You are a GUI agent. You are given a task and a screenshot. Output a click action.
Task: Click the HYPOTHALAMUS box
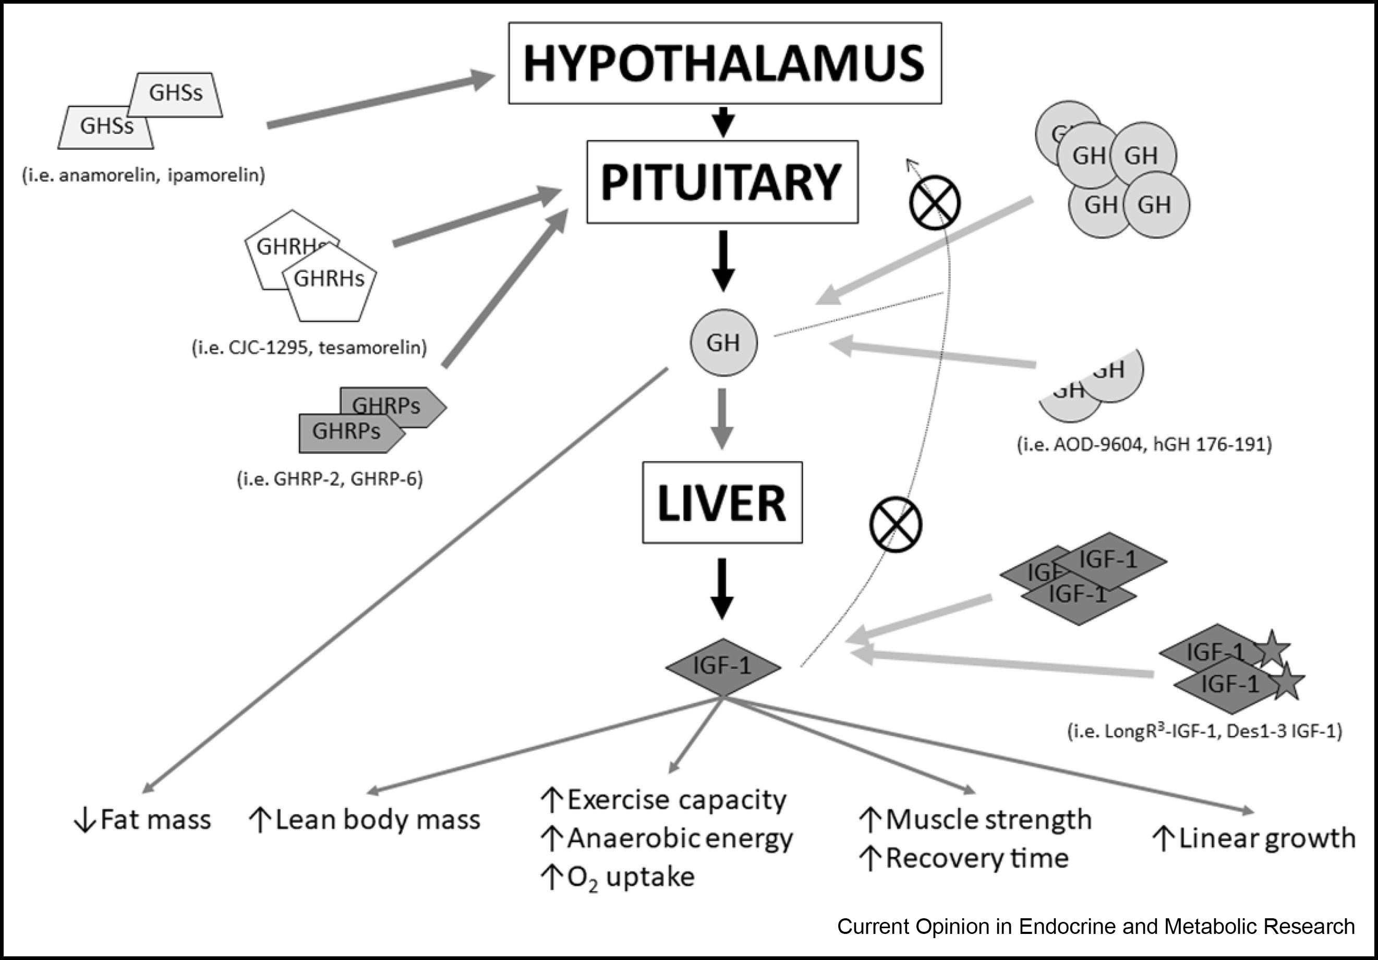click(x=724, y=63)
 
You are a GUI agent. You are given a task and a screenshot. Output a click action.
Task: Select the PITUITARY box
click(x=722, y=182)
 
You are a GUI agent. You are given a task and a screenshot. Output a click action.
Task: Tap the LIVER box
click(x=722, y=502)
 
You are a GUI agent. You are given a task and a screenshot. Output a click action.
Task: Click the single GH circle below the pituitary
click(x=723, y=343)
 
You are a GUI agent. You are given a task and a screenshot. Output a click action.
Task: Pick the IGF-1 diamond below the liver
click(x=722, y=666)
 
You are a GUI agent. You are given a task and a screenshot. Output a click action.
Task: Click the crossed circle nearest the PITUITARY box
click(x=935, y=203)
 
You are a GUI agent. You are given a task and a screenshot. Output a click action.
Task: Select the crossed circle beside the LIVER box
click(x=896, y=524)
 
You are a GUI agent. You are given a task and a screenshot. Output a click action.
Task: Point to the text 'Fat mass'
click(x=155, y=820)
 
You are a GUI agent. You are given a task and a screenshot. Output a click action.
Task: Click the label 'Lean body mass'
click(x=378, y=820)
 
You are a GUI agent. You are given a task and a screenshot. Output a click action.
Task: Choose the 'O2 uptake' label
click(x=630, y=877)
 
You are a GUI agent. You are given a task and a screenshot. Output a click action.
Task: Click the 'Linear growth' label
click(x=1266, y=838)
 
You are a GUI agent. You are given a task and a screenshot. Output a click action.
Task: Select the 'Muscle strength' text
click(x=988, y=820)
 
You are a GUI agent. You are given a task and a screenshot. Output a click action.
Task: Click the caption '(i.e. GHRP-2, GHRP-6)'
click(x=330, y=479)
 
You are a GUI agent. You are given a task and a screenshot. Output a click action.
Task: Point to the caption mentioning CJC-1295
click(x=309, y=347)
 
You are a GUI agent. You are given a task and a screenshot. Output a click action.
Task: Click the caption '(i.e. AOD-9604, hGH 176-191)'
click(x=1144, y=445)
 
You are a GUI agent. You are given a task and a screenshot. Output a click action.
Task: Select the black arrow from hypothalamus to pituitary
click(x=723, y=122)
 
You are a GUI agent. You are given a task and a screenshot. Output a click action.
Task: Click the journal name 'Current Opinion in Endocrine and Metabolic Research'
click(x=1096, y=927)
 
